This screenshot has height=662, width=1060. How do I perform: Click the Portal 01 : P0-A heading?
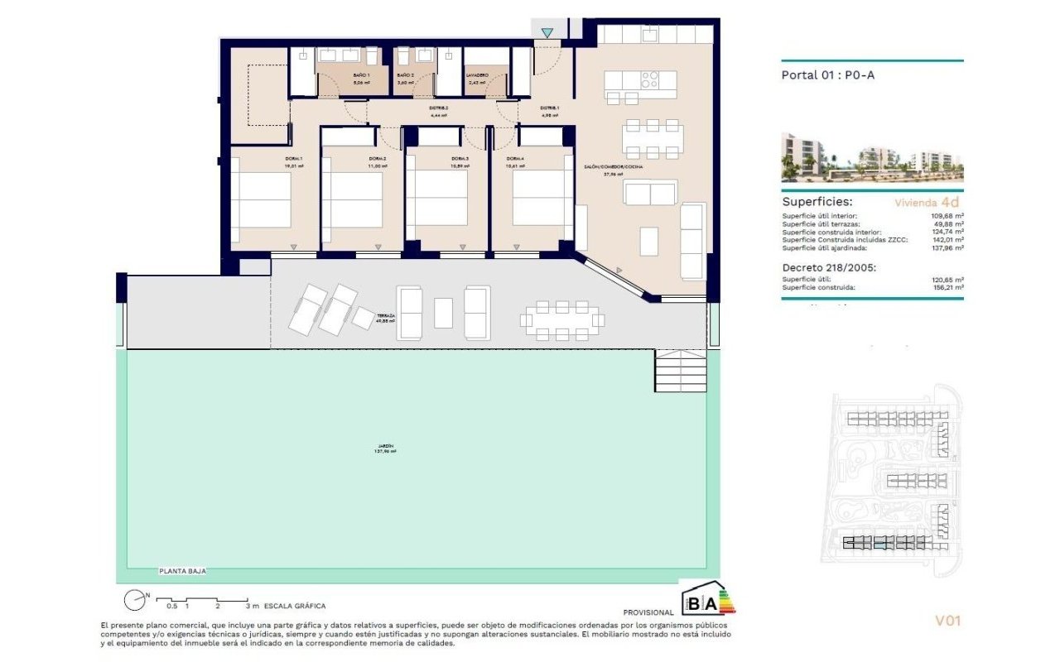tap(828, 74)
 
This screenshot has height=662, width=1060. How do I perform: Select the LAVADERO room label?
tap(478, 75)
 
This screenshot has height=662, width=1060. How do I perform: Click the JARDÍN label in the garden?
tap(383, 448)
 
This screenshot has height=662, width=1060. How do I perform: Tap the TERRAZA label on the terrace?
tap(385, 316)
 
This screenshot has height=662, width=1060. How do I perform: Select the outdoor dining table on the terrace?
tap(562, 320)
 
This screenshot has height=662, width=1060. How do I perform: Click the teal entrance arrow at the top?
tap(547, 33)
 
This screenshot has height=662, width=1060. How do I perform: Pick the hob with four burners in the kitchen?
tap(650, 80)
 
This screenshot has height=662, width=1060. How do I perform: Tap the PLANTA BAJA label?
tap(182, 571)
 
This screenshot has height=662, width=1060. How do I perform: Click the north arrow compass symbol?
tap(135, 601)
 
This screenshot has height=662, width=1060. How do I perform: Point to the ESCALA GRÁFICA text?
tap(295, 606)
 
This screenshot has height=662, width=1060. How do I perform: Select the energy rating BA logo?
tap(708, 601)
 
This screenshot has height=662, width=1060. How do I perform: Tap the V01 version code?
tap(947, 620)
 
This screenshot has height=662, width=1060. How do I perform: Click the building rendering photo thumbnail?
tap(872, 156)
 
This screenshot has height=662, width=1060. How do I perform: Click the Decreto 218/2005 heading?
tap(828, 267)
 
